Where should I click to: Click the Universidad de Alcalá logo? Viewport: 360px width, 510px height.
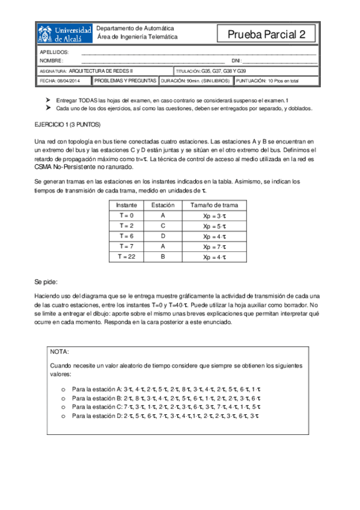click(x=65, y=34)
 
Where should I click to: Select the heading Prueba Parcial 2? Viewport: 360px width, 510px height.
click(x=267, y=34)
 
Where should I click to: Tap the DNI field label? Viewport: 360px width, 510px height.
click(x=236, y=61)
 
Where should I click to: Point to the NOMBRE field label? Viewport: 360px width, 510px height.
click(x=51, y=61)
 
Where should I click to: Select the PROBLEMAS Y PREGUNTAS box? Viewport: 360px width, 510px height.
click(x=126, y=80)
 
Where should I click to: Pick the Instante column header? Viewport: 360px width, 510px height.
click(x=126, y=204)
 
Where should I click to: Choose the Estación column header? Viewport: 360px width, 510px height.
click(x=162, y=204)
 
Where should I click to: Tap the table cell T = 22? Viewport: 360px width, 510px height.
click(x=126, y=257)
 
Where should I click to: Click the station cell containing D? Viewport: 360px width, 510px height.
click(x=162, y=236)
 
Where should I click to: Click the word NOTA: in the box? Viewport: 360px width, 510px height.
click(x=59, y=351)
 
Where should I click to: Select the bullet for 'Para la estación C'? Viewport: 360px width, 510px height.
click(x=63, y=407)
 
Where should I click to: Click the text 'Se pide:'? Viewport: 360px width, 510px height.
click(x=46, y=281)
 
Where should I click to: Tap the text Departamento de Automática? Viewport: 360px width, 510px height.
click(x=135, y=28)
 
